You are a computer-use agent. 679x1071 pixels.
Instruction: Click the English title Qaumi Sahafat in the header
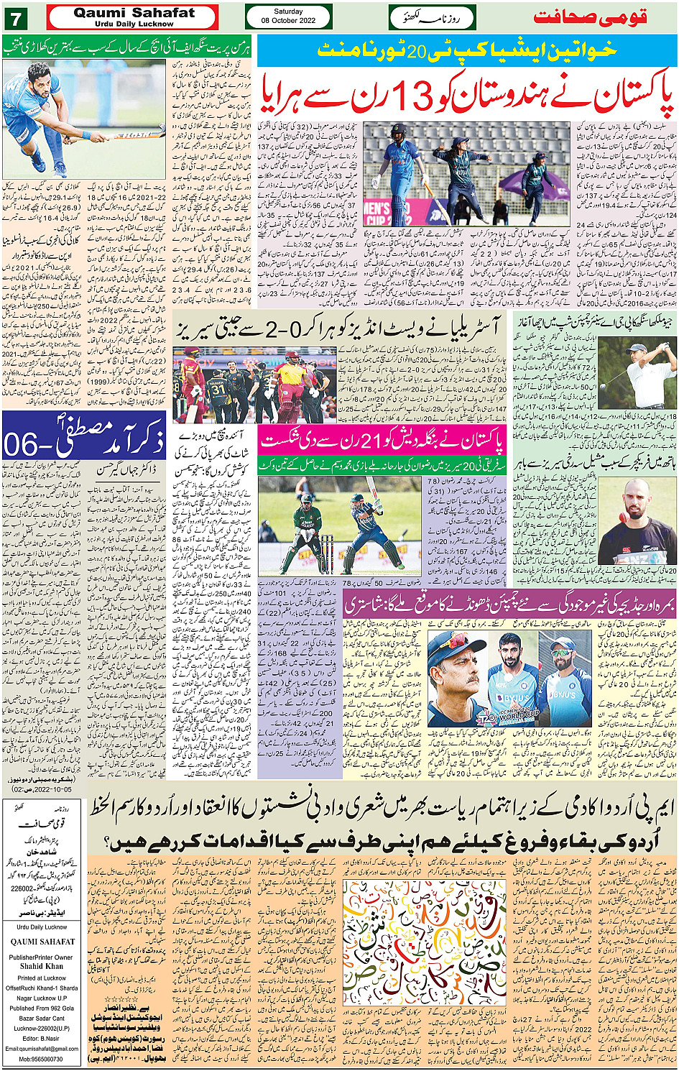coord(134,13)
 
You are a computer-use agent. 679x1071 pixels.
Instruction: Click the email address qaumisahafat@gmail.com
coord(41,1048)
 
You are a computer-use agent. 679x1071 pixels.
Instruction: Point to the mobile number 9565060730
coord(41,1059)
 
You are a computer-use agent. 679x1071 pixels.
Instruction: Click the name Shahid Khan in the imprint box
coord(41,966)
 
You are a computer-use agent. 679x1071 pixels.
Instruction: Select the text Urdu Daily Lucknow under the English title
coord(134,24)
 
